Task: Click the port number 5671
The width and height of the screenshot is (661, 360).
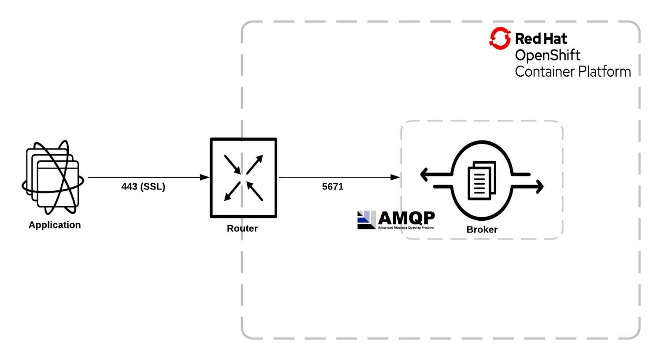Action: [x=333, y=187]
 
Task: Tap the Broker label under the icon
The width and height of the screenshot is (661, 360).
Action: [x=482, y=230]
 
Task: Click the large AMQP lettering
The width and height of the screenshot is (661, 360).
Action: [x=406, y=218]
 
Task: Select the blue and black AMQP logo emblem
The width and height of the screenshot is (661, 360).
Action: [x=366, y=220]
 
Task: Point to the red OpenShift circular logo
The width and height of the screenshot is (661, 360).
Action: [x=500, y=38]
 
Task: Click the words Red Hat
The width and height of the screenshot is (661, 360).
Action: [x=541, y=39]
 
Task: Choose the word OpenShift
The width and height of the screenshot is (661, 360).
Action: [x=547, y=56]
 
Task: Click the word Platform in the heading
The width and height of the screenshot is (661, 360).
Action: [x=605, y=72]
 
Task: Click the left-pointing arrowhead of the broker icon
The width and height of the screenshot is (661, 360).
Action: [x=424, y=174]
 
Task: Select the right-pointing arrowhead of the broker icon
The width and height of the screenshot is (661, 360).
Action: [x=540, y=187]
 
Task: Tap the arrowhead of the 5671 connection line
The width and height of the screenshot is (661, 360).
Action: [x=396, y=177]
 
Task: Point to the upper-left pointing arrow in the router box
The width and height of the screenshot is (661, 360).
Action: [x=254, y=191]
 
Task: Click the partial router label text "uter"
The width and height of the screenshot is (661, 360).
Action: [x=250, y=229]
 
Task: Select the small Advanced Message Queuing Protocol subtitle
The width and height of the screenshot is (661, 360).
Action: [x=406, y=228]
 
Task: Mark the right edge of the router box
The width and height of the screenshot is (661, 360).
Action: [x=276, y=178]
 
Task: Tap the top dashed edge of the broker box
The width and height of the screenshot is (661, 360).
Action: [x=482, y=121]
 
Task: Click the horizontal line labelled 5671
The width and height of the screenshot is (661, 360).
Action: [x=335, y=177]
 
